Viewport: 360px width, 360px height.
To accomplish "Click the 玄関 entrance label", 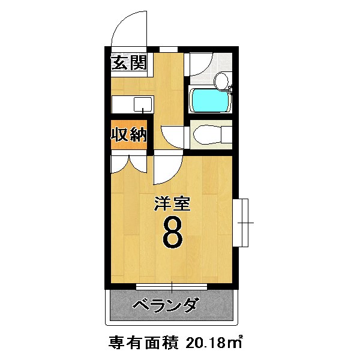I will click(x=128, y=63).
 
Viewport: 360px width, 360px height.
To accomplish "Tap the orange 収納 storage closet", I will click(x=128, y=134).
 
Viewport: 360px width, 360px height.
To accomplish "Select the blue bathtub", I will click(x=209, y=100).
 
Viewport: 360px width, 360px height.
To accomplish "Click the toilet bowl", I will click(x=206, y=134).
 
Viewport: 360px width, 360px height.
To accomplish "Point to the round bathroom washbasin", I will click(x=221, y=79).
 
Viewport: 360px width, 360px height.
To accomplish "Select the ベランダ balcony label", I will click(x=164, y=306).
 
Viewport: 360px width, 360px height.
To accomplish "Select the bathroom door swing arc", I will click(x=199, y=64).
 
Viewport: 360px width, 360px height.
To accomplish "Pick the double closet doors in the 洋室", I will click(x=128, y=163).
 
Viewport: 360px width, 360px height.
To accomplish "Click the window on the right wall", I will click(x=242, y=223).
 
